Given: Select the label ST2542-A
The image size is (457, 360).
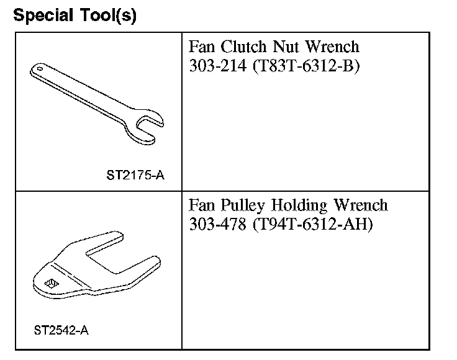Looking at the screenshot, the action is (61, 330).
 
